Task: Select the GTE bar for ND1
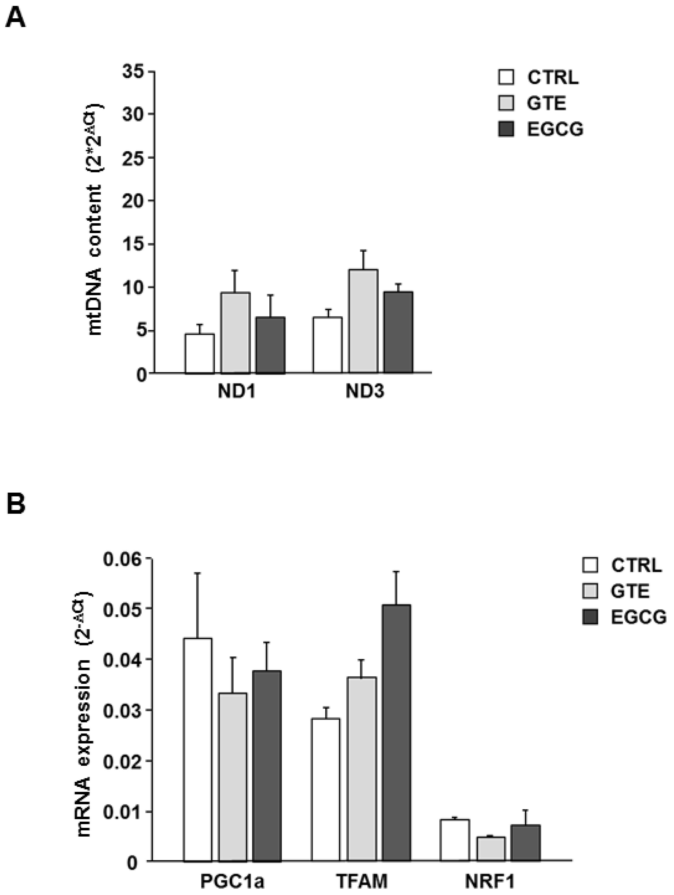click(x=235, y=333)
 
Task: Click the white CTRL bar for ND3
click(x=327, y=345)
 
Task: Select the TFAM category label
click(x=362, y=881)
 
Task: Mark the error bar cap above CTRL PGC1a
click(x=197, y=573)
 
